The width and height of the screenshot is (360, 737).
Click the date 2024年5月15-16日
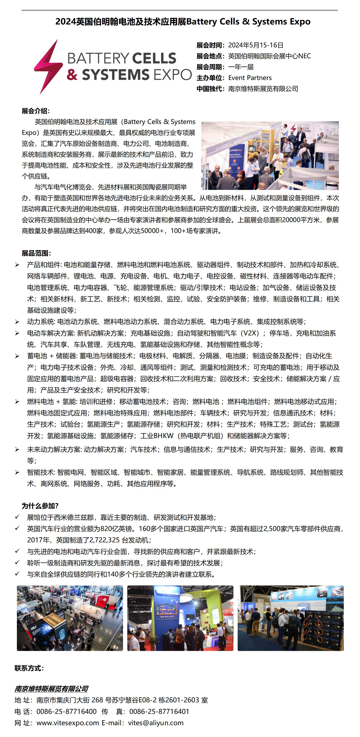coord(255,45)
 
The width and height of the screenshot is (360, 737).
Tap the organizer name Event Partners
coord(250,78)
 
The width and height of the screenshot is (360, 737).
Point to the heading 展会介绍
coord(36,111)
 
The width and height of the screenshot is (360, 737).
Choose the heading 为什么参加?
coord(40,506)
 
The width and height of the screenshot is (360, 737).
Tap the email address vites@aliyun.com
coord(156,723)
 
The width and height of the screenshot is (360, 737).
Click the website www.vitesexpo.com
coord(68,723)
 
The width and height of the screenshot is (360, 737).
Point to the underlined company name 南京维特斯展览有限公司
coord(51,689)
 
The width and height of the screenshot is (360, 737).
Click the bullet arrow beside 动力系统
coord(17,322)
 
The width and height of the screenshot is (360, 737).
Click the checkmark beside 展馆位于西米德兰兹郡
coord(17,517)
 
